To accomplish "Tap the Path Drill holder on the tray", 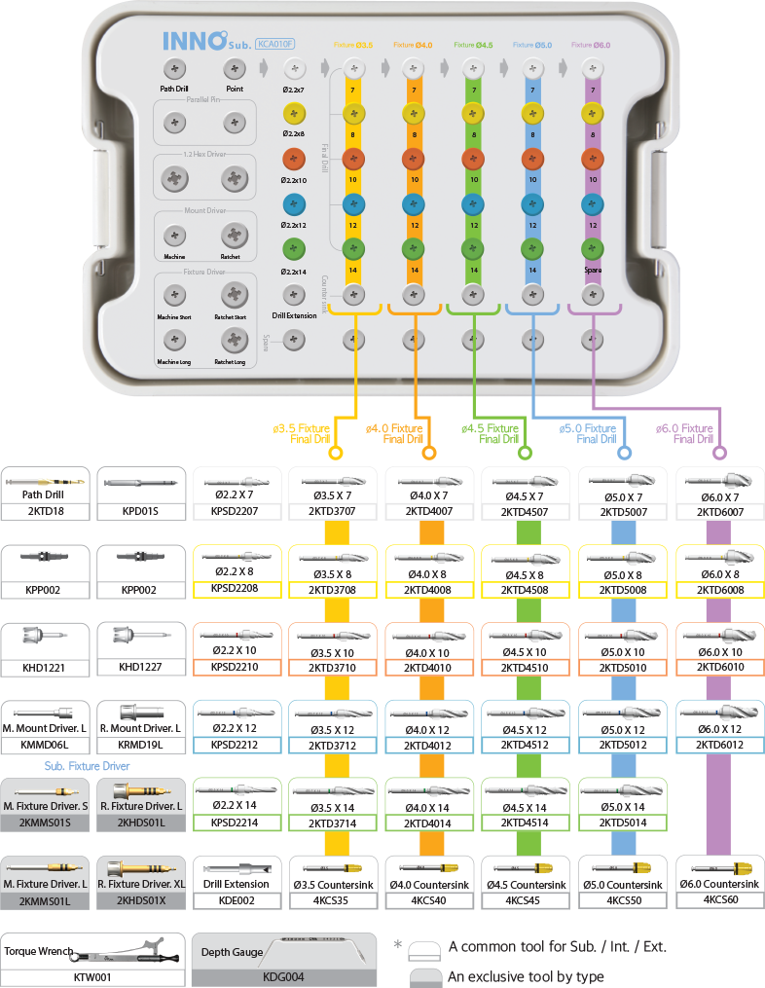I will tap(174, 69).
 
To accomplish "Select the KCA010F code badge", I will tap(274, 43).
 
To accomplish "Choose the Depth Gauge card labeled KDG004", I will tap(284, 959).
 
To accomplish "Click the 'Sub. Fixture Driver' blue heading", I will tap(87, 765).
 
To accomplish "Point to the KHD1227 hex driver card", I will tap(141, 647).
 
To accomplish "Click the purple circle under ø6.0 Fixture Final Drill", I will tap(720, 453).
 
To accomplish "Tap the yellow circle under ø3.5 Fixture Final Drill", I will tap(336, 453).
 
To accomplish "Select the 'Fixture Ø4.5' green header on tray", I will tap(473, 45).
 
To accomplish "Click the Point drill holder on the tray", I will tap(234, 69).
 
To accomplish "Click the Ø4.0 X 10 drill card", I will tap(430, 647).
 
